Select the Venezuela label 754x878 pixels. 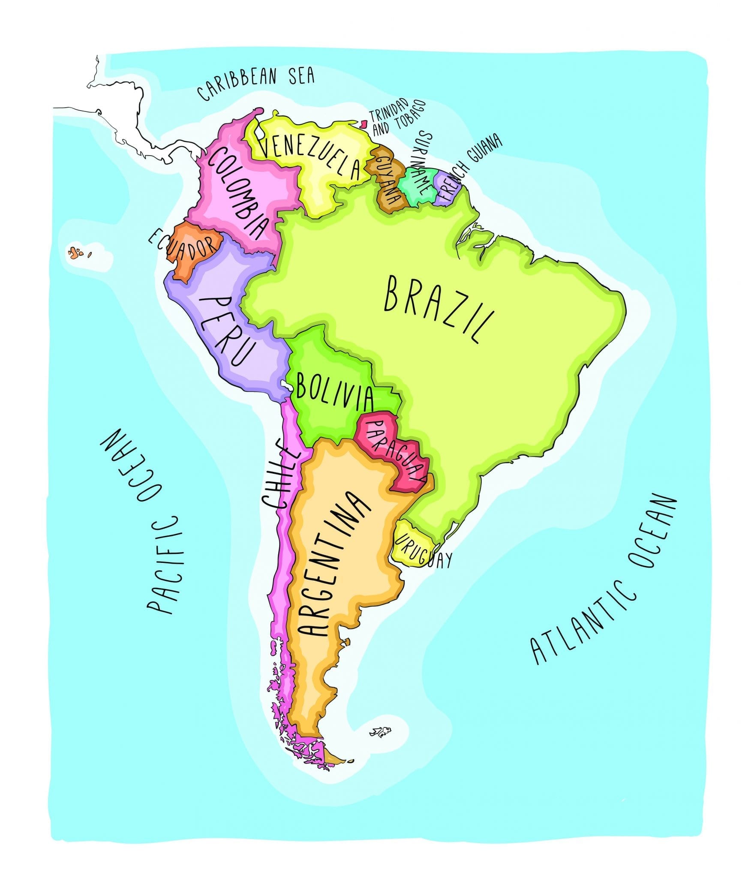coord(310,156)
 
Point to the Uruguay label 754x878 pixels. coord(423,553)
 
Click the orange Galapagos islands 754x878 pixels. coord(75,252)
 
